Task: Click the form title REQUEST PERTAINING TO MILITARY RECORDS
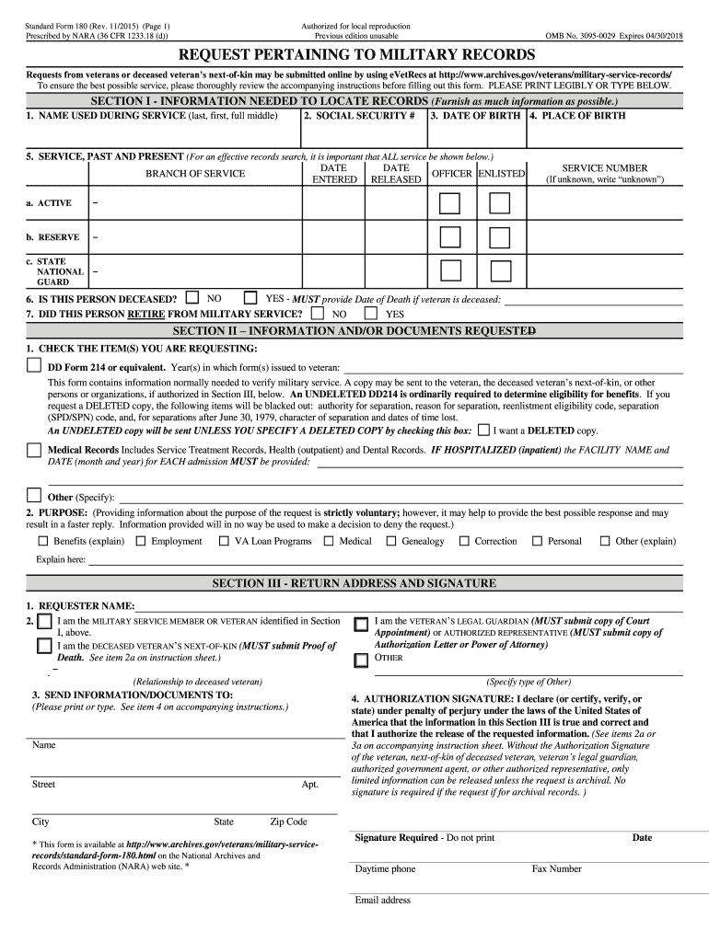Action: point(354,54)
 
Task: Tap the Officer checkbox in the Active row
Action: point(450,203)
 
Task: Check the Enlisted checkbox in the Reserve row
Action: point(499,237)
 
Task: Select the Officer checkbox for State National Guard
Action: point(450,270)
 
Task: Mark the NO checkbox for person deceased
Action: point(192,298)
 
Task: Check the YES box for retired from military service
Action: point(370,313)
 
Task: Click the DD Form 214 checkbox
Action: point(34,366)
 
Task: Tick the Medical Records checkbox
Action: point(34,450)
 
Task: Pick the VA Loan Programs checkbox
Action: point(224,541)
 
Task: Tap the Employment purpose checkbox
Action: point(140,541)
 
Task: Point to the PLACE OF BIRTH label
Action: point(577,116)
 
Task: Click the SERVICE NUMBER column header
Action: point(604,168)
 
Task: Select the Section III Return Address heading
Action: point(354,583)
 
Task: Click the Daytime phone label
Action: point(385,868)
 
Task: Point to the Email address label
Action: point(382,900)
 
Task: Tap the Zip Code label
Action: point(288,821)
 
